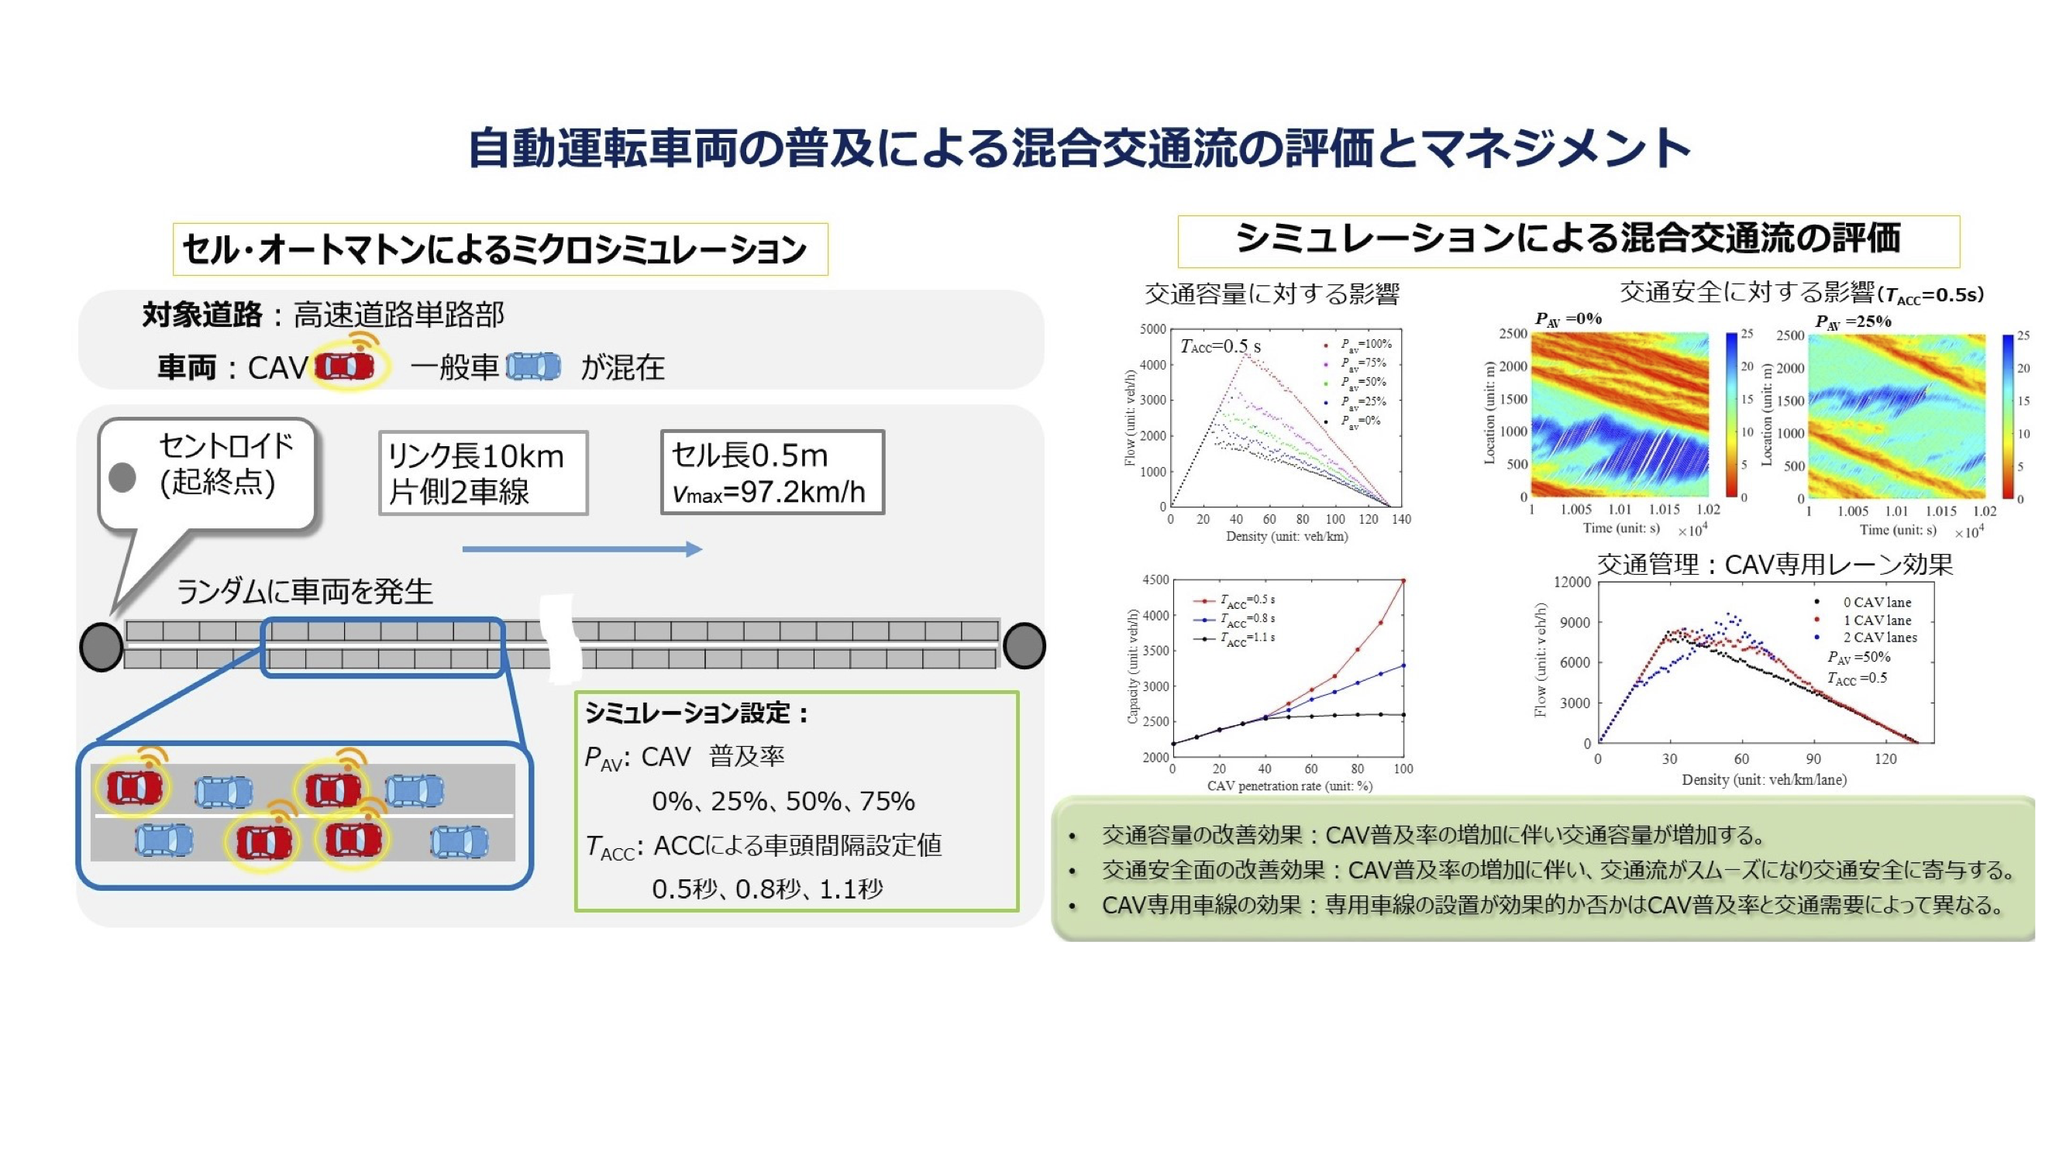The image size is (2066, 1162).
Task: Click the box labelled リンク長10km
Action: (x=484, y=473)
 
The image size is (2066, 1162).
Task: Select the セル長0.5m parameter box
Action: (x=773, y=473)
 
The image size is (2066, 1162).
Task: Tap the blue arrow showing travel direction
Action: (x=582, y=549)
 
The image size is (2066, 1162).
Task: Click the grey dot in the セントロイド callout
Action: (x=122, y=478)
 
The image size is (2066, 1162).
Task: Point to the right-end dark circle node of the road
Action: (x=1024, y=645)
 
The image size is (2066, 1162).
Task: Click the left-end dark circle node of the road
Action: (x=102, y=646)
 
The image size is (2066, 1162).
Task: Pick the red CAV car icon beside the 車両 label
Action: (x=345, y=366)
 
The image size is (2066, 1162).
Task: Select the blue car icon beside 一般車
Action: (x=533, y=366)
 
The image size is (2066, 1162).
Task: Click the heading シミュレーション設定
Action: (x=696, y=712)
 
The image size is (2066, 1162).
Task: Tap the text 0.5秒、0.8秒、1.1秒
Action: (x=767, y=889)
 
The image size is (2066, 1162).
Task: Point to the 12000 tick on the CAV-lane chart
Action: (x=1572, y=583)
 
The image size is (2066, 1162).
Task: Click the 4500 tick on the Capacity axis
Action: (x=1155, y=579)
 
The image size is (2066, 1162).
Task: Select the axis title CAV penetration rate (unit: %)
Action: (x=1290, y=786)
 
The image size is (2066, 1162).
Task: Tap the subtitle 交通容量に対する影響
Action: (x=1272, y=294)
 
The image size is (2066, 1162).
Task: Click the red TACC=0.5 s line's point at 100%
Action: (x=1403, y=579)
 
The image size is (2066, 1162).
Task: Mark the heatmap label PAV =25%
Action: (x=1854, y=321)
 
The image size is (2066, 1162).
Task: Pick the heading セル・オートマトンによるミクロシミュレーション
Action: (x=495, y=249)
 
